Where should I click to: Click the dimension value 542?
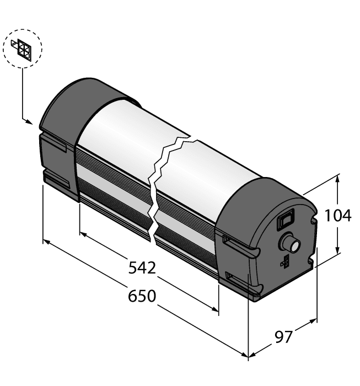pos(142,268)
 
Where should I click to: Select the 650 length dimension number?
pos(142,296)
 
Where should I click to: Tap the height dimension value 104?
pos(337,216)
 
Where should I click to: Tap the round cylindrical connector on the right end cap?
pos(289,243)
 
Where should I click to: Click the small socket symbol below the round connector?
pos(284,262)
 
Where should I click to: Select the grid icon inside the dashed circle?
pos(24,49)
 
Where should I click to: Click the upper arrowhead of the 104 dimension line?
pos(337,178)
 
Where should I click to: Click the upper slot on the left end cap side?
pos(55,146)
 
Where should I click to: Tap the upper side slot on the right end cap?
pos(237,242)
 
